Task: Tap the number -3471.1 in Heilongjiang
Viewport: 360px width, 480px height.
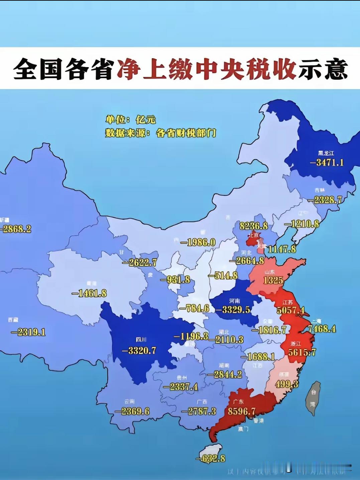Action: [x=327, y=163]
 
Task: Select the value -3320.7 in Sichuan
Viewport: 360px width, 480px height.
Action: [x=139, y=350]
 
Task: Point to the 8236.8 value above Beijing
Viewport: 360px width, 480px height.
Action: [x=254, y=226]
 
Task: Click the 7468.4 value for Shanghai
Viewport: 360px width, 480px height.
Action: [x=322, y=329]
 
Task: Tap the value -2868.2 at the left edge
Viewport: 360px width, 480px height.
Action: [x=16, y=229]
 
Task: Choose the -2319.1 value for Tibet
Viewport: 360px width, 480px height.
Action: [x=28, y=332]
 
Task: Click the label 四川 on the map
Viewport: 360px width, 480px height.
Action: [x=141, y=340]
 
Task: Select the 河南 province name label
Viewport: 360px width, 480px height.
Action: [x=234, y=301]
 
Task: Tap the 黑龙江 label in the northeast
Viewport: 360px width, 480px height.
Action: [x=326, y=153]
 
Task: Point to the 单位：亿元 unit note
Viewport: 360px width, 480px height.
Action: [x=131, y=120]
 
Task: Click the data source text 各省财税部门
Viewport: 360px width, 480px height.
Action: [x=186, y=133]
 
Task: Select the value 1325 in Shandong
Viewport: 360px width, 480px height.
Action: [x=273, y=280]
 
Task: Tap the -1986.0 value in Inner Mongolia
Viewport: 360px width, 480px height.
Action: [x=198, y=242]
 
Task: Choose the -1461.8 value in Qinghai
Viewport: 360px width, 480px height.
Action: [x=89, y=293]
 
